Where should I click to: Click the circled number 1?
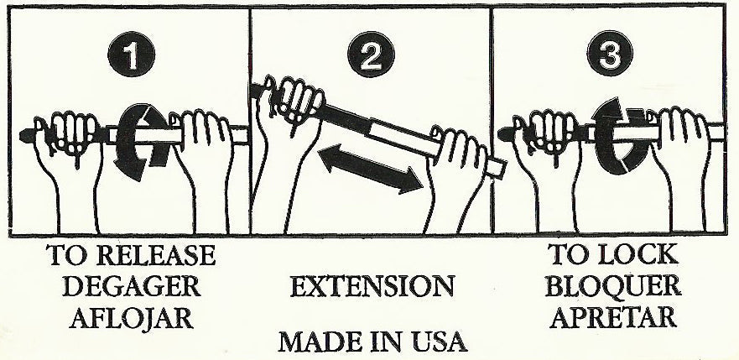point(131,54)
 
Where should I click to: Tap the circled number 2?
point(371,55)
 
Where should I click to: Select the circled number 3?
point(610,53)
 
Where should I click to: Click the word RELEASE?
point(158,255)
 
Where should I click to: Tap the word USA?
point(434,342)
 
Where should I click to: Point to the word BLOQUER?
point(612,285)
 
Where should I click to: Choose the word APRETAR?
point(613,317)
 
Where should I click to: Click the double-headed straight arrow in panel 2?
point(371,169)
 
